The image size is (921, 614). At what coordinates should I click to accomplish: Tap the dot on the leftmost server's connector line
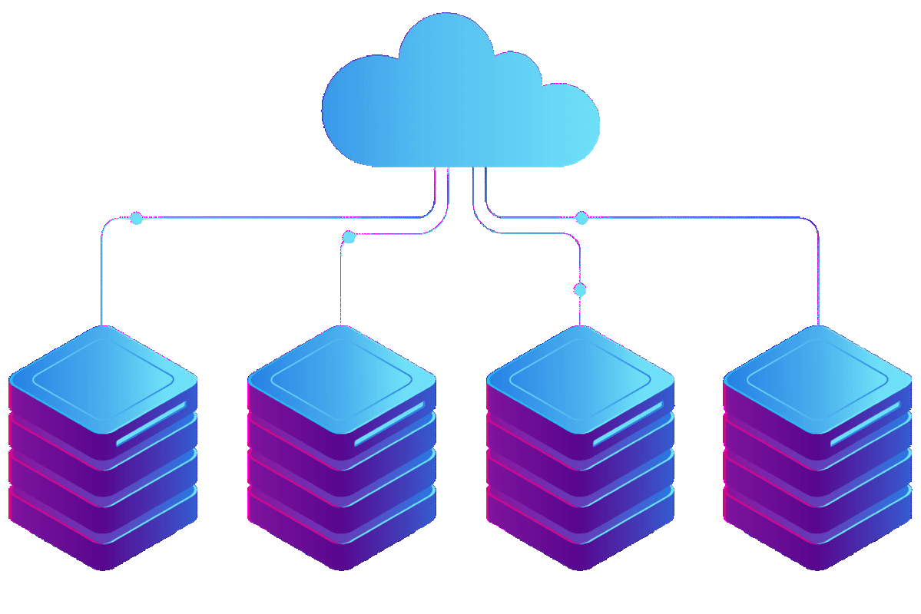point(136,219)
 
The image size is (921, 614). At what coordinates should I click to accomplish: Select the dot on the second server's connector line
point(350,237)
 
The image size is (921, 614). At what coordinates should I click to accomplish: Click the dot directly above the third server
point(580,290)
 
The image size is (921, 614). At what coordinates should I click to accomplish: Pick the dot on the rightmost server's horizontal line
point(581,219)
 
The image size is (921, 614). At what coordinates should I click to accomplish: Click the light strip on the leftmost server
point(151,423)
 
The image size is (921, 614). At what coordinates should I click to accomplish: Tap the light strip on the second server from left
point(389,423)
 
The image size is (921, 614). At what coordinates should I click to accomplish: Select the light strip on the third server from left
point(628,423)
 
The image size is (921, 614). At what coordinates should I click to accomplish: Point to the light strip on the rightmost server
point(865,423)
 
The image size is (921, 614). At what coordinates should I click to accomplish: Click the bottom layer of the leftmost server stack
point(103,537)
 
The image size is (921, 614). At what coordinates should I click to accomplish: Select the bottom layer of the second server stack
point(342,537)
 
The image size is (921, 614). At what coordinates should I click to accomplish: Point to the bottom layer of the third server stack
point(580,537)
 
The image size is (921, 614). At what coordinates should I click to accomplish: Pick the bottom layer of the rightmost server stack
point(817,537)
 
